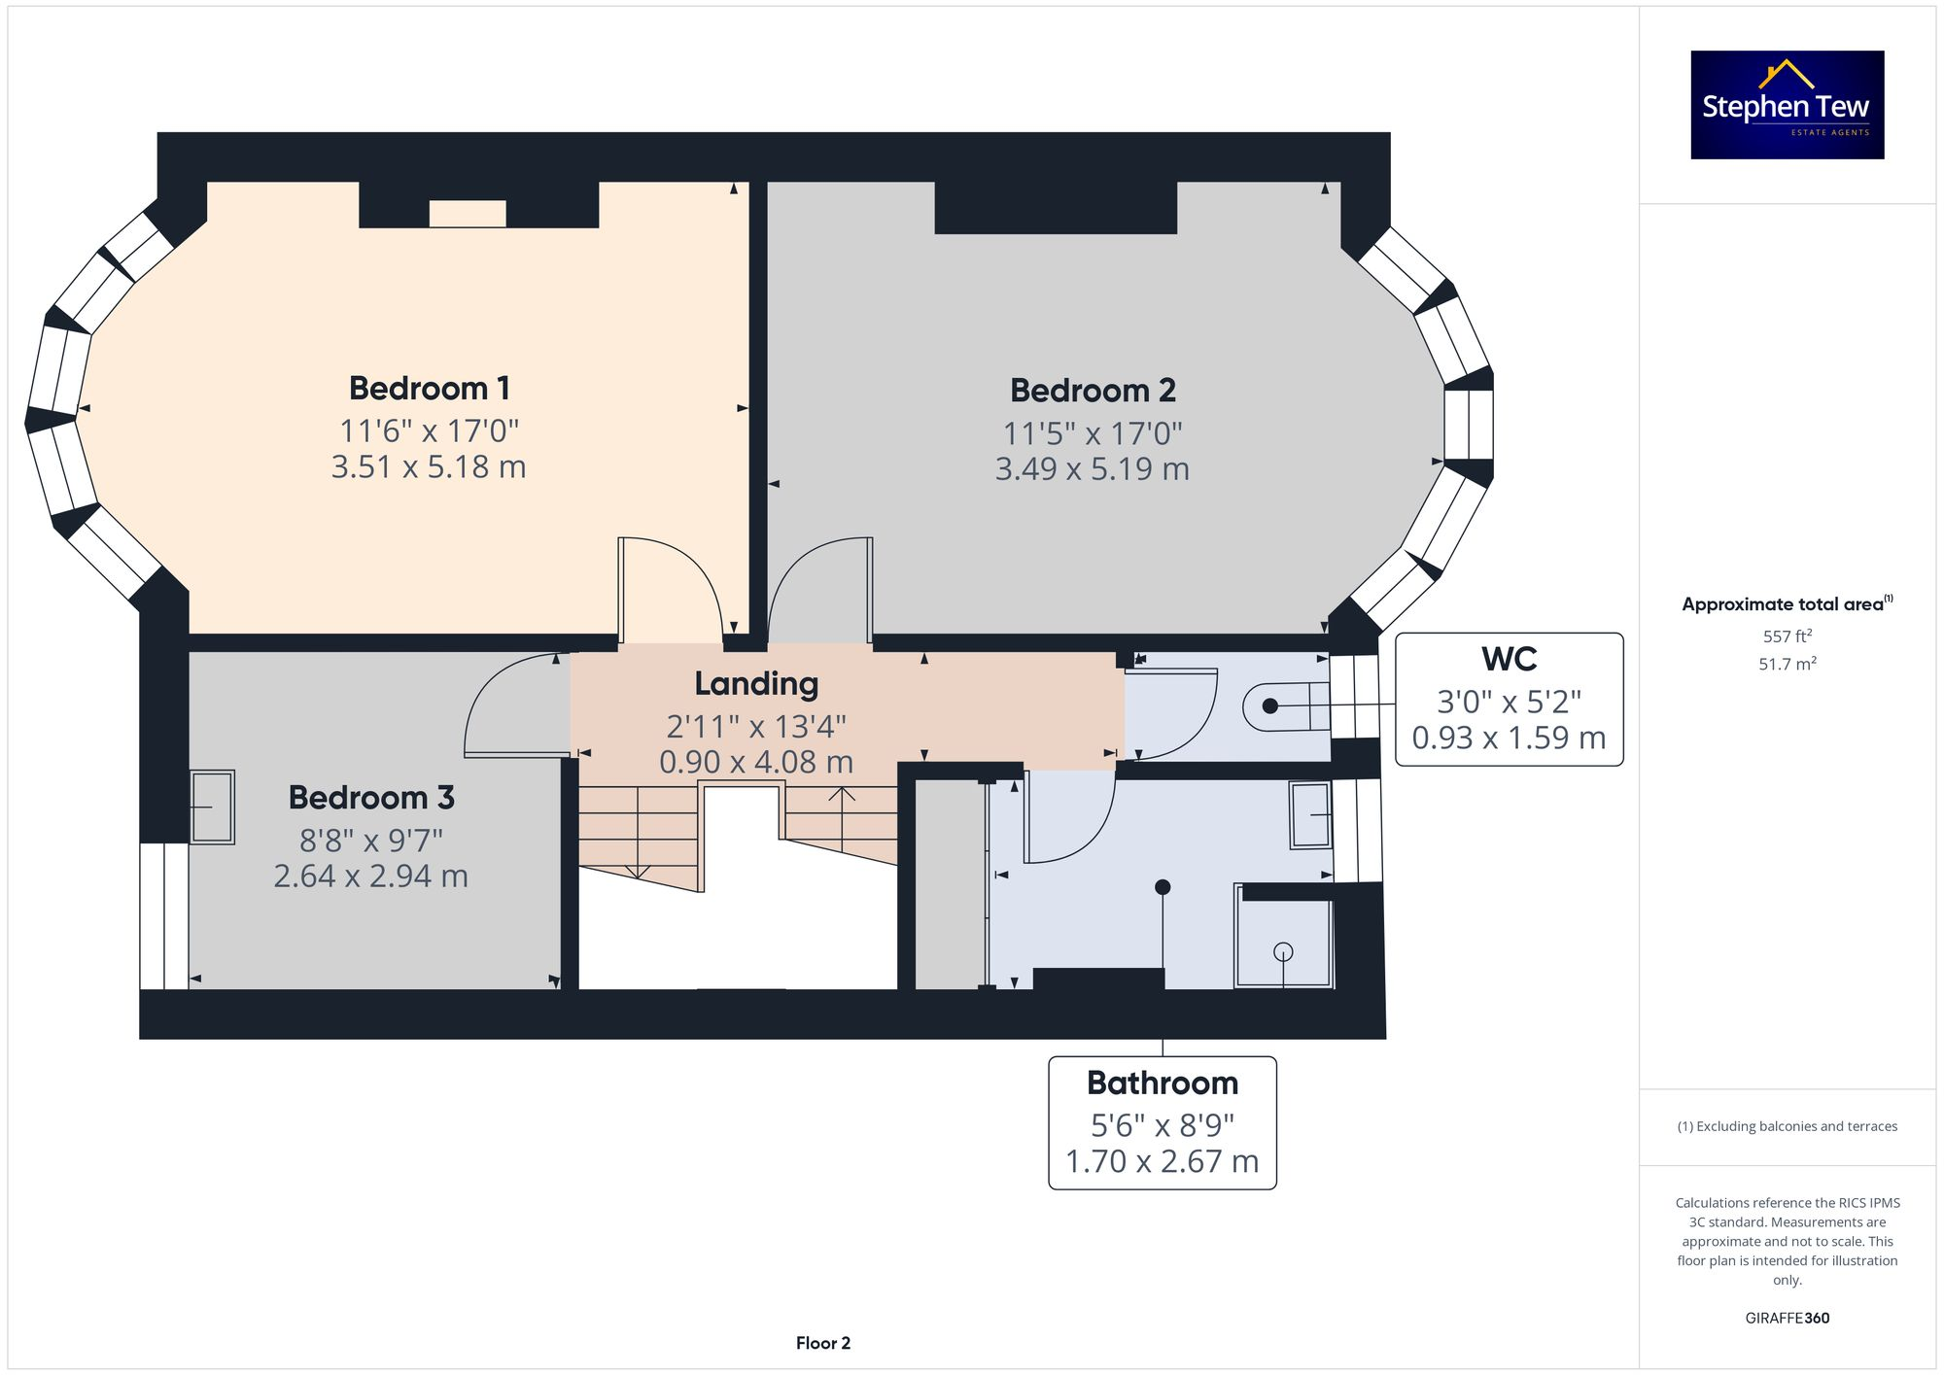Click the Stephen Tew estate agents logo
[x=1788, y=105]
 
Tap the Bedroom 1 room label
[x=430, y=389]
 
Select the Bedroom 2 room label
[x=1093, y=391]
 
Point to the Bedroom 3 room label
[x=371, y=798]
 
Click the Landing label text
[x=756, y=684]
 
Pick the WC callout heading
[x=1509, y=659]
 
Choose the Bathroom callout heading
[x=1163, y=1083]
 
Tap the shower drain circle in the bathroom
[x=1283, y=952]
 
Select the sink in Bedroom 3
[x=212, y=807]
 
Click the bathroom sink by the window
[x=1311, y=815]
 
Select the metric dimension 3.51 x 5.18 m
[x=429, y=467]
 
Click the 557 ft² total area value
[x=1788, y=636]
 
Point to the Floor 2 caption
[x=823, y=1343]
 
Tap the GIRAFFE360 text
[x=1788, y=1319]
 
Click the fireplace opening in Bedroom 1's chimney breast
[x=468, y=214]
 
